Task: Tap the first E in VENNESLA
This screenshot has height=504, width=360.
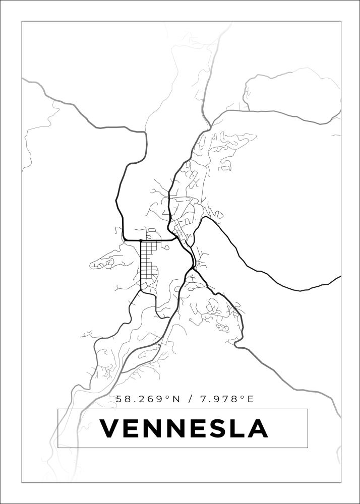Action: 132,429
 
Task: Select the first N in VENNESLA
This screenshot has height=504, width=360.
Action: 154,429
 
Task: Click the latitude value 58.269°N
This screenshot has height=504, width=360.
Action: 148,399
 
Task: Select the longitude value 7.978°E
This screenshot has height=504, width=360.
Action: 227,399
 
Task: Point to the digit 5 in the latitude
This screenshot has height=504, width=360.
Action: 119,399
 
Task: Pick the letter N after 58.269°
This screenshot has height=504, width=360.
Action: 175,399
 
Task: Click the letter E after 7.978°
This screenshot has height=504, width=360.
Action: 250,399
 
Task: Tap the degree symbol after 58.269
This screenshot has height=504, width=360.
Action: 167,397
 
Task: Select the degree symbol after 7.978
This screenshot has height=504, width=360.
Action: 242,397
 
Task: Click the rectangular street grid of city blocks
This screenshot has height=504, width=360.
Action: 149,265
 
